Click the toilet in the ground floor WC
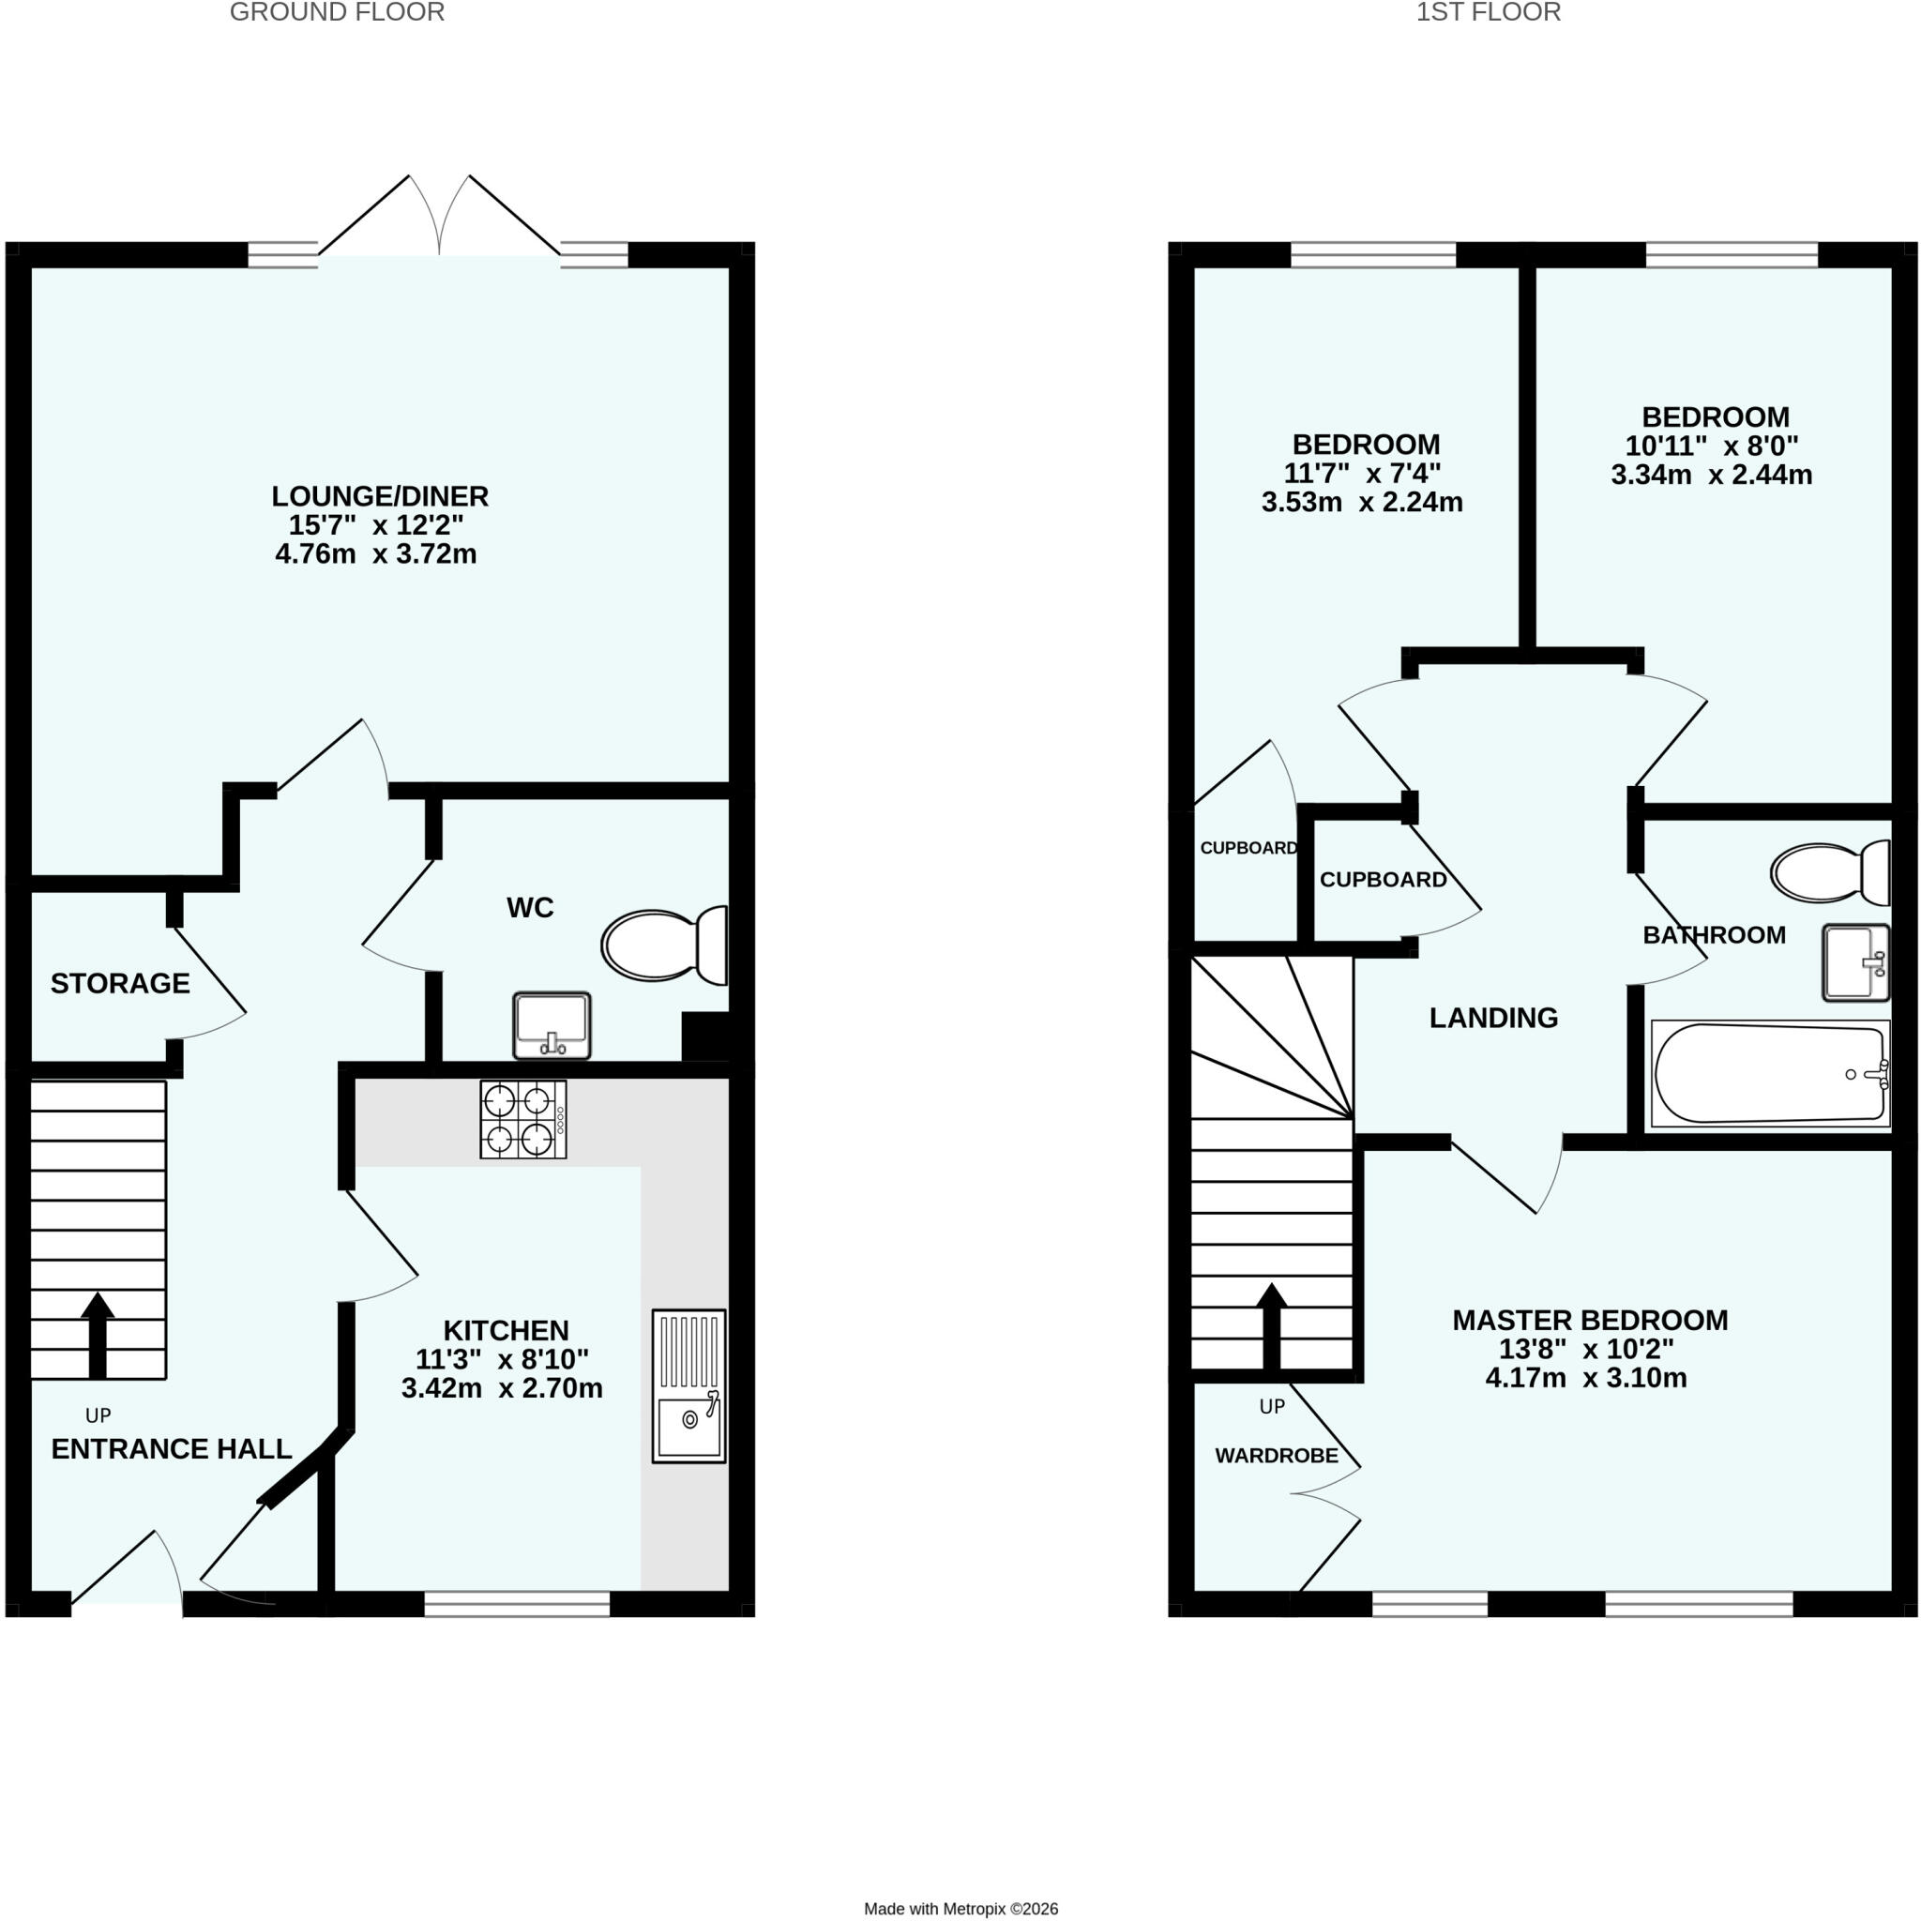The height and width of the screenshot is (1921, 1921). pyautogui.click(x=664, y=945)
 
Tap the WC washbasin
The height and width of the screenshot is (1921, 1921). pyautogui.click(x=552, y=1026)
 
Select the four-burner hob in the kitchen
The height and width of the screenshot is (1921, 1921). pyautogui.click(x=524, y=1120)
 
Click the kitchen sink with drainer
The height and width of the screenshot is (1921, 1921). pyautogui.click(x=689, y=1386)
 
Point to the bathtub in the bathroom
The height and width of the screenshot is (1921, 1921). pyautogui.click(x=1770, y=1074)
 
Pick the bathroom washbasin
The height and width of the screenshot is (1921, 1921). pyautogui.click(x=1856, y=962)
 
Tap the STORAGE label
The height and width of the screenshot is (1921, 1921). pyautogui.click(x=120, y=983)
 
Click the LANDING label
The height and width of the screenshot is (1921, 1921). pyautogui.click(x=1493, y=1018)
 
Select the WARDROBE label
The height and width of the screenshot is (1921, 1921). pyautogui.click(x=1277, y=1457)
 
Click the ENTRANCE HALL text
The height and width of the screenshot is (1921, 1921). pyautogui.click(x=171, y=1450)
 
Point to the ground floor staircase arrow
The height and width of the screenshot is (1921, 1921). pyautogui.click(x=98, y=1336)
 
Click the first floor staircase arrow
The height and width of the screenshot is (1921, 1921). pyautogui.click(x=1272, y=1326)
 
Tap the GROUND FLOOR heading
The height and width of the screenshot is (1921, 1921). pyautogui.click(x=337, y=12)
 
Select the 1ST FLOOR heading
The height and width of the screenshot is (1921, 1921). pyautogui.click(x=1489, y=12)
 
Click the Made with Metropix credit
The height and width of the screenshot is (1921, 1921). pyautogui.click(x=960, y=1909)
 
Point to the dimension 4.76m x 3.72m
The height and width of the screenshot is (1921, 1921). pyautogui.click(x=376, y=553)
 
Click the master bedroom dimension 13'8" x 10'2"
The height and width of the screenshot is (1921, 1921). pyautogui.click(x=1587, y=1349)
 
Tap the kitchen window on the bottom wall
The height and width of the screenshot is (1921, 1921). pyautogui.click(x=517, y=1603)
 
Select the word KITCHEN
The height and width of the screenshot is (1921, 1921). pyautogui.click(x=507, y=1330)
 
